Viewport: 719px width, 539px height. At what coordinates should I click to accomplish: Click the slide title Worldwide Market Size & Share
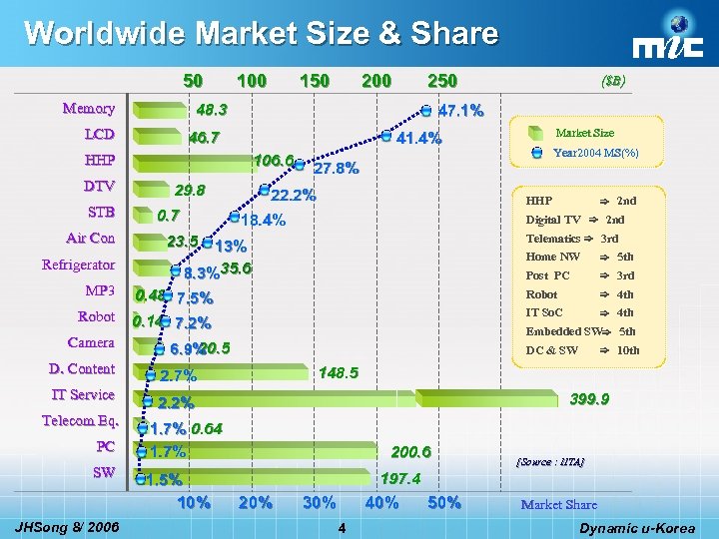(261, 34)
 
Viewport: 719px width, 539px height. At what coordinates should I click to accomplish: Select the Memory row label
(88, 108)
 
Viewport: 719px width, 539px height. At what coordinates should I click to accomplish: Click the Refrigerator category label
(78, 265)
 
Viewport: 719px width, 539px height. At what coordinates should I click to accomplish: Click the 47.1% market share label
(461, 110)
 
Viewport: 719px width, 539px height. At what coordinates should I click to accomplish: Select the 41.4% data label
(419, 139)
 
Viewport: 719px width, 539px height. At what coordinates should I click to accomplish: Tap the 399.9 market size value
(589, 398)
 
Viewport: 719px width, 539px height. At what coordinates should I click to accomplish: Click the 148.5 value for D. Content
(338, 373)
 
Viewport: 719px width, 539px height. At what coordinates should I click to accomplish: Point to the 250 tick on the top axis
(441, 81)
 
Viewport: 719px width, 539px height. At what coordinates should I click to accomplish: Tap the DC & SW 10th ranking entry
(582, 350)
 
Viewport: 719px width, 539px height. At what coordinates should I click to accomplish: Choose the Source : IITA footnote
(549, 462)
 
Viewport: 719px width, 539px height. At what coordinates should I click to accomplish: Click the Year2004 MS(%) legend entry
(595, 153)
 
